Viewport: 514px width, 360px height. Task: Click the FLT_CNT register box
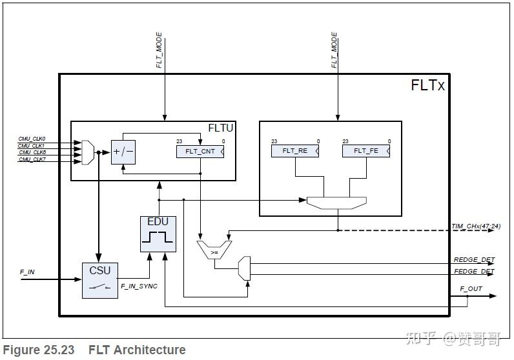point(200,152)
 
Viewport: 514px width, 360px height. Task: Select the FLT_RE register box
point(295,150)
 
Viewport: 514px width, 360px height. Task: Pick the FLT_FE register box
point(366,150)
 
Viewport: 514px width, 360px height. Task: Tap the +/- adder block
point(123,152)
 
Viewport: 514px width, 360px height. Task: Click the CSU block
point(99,280)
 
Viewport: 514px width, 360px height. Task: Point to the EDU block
point(158,234)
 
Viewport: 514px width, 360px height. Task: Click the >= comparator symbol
point(214,252)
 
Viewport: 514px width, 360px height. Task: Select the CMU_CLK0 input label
point(32,138)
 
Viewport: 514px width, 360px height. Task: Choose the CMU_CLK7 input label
point(32,159)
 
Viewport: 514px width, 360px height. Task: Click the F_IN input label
point(27,272)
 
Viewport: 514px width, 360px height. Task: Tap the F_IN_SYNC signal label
point(139,286)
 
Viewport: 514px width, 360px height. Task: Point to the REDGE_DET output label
point(473,260)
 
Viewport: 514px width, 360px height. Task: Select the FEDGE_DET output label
point(473,272)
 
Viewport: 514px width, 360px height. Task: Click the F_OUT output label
point(471,288)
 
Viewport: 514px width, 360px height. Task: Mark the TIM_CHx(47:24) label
point(475,226)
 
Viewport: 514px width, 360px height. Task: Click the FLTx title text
point(427,85)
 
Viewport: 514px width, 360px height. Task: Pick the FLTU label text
point(220,128)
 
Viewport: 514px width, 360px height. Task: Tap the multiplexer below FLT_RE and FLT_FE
point(336,203)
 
